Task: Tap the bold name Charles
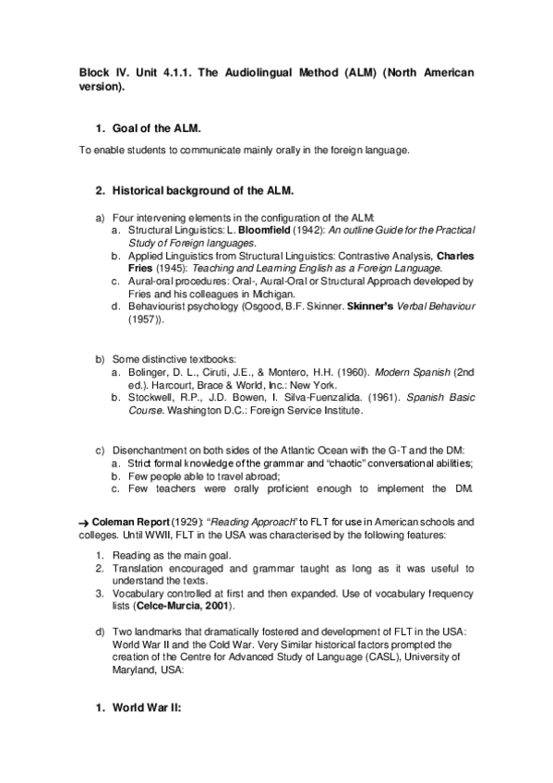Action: [x=455, y=254]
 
